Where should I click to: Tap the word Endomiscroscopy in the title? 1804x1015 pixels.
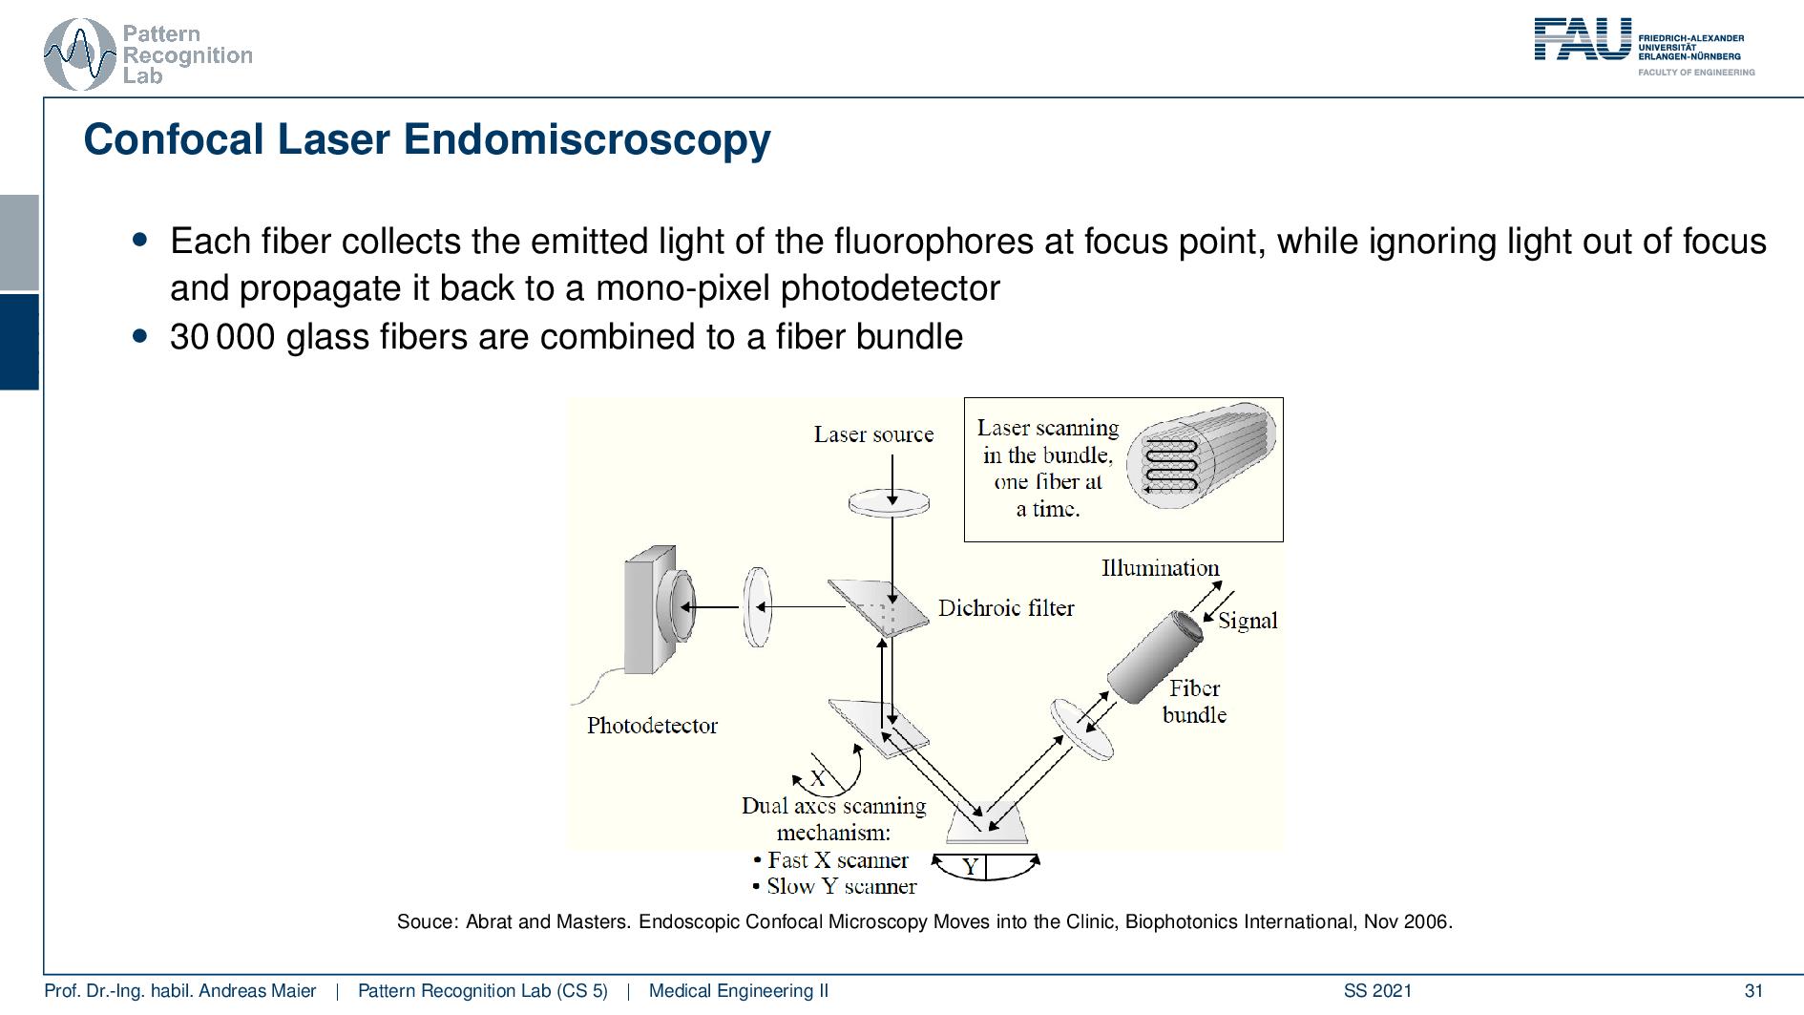coord(586,139)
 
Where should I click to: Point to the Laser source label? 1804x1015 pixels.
coord(873,434)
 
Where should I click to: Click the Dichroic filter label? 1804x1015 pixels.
coord(1006,608)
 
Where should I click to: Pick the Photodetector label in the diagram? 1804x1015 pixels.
coord(652,726)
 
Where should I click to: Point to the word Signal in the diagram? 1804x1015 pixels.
coord(1248,621)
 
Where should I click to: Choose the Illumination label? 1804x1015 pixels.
coord(1160,568)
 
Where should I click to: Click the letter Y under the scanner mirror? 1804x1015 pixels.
coord(971,867)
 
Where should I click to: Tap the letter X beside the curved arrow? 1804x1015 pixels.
coord(818,778)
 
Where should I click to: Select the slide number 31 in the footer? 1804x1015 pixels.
coord(1752,991)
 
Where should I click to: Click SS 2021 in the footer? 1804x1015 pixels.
coord(1377,991)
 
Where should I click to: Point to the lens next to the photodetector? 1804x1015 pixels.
coord(757,606)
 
